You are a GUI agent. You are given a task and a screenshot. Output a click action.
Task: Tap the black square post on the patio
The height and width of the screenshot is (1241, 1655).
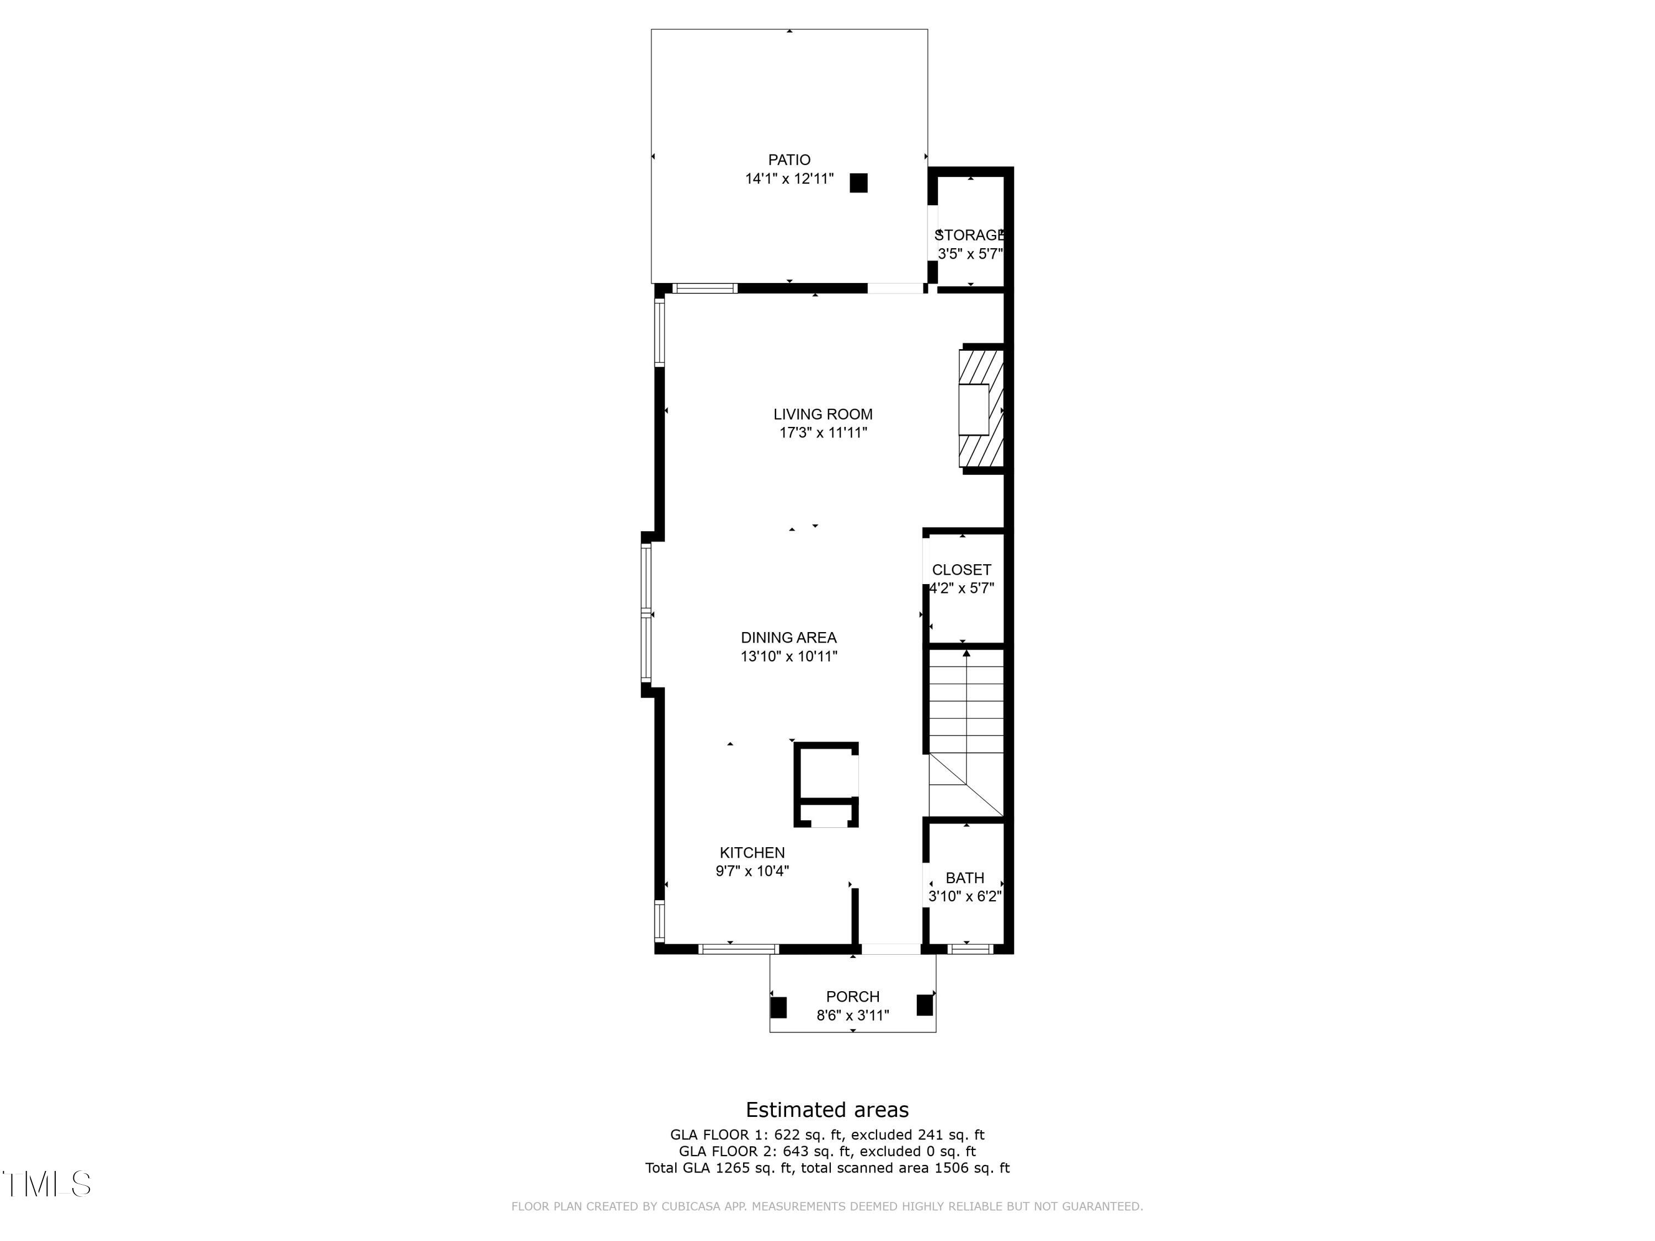tap(858, 183)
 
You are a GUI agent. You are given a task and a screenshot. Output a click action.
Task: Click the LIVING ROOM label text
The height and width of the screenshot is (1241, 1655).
tap(823, 414)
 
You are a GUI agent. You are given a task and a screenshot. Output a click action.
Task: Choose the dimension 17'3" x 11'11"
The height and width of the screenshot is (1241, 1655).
tap(823, 432)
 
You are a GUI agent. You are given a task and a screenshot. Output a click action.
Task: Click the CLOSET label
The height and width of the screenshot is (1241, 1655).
tap(962, 569)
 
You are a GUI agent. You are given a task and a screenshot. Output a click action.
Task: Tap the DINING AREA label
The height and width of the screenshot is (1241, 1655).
tap(788, 638)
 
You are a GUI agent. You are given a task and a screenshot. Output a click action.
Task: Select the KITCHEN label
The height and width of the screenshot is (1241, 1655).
tap(752, 852)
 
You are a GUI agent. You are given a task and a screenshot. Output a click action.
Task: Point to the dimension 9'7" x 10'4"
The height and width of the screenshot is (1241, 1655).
tap(752, 871)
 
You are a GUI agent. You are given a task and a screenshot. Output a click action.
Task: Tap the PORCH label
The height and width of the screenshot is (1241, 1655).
tap(852, 997)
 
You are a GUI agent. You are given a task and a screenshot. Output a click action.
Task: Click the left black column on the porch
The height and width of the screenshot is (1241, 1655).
tap(778, 1007)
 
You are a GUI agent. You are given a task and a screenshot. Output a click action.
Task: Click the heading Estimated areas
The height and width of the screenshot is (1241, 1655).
tap(827, 1109)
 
